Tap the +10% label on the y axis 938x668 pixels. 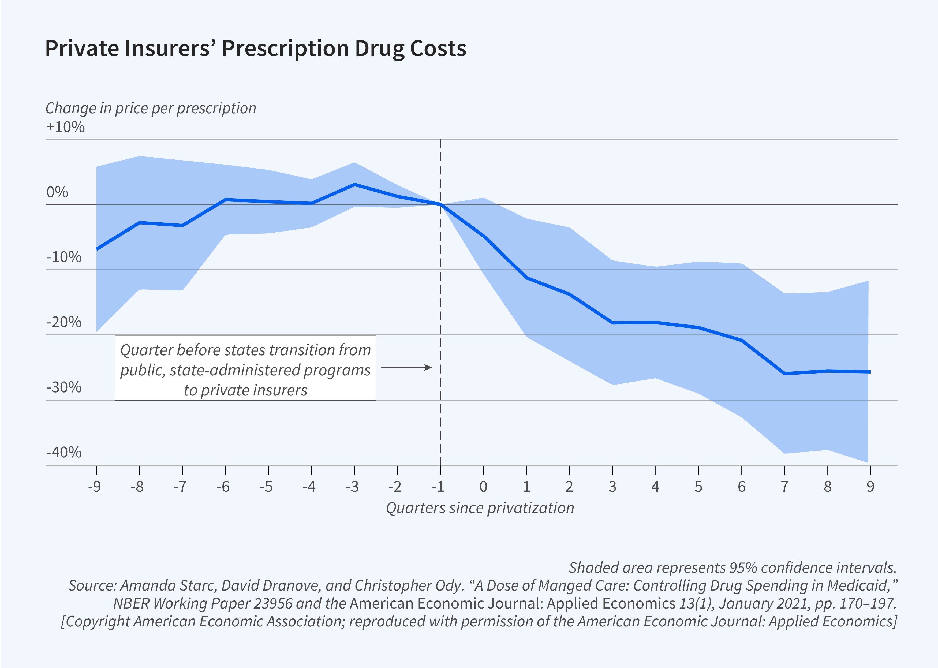click(x=65, y=127)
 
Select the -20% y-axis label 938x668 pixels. click(x=64, y=322)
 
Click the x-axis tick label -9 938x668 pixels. click(x=95, y=487)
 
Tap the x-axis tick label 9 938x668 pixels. click(x=870, y=487)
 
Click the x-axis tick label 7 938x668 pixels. click(x=784, y=487)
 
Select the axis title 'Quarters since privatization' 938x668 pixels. click(x=480, y=508)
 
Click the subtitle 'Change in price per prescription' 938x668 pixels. click(x=151, y=108)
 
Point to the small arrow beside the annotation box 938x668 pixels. click(x=406, y=367)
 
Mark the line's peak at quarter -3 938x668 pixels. click(x=354, y=184)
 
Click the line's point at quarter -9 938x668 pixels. click(x=97, y=249)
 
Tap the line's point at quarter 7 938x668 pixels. click(x=784, y=374)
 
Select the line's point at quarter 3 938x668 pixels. click(x=613, y=323)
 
